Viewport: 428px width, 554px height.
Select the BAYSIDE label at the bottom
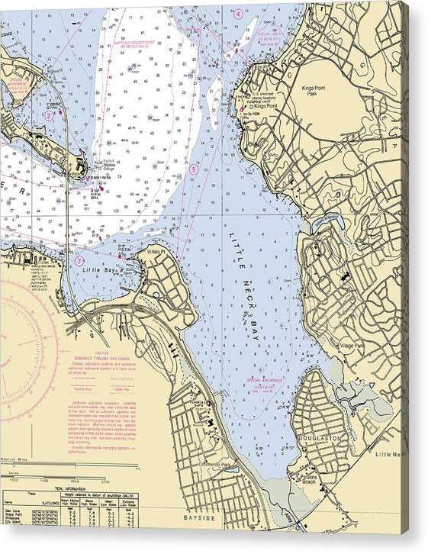pos(199,518)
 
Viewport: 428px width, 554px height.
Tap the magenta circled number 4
pos(238,14)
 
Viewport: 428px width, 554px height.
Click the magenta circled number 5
pos(194,169)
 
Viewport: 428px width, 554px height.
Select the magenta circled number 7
pos(79,260)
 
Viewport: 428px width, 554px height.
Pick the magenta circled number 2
pos(49,115)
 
